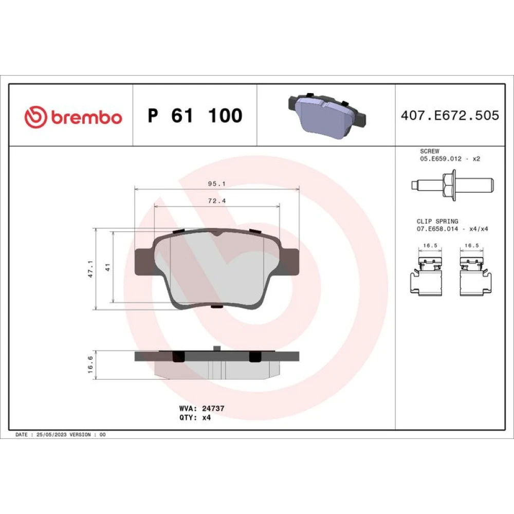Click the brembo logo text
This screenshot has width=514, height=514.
[x=86, y=117]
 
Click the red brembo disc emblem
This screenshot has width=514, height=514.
[x=36, y=117]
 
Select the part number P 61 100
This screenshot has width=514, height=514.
[x=195, y=115]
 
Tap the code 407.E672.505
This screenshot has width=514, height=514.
[x=450, y=115]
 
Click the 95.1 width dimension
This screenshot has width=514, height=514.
[x=217, y=184]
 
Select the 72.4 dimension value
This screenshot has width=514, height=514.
[x=217, y=201]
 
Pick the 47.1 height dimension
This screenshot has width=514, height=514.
[x=91, y=269]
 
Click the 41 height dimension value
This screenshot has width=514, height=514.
[x=108, y=267]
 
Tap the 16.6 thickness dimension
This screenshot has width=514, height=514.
[x=91, y=364]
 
